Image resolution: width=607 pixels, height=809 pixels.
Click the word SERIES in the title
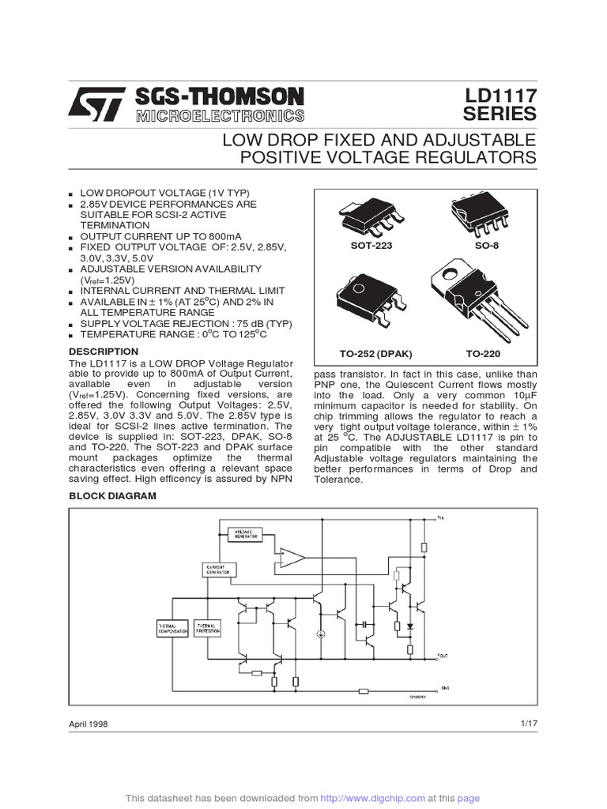(x=499, y=115)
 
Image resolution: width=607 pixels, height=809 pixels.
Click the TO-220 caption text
(x=483, y=354)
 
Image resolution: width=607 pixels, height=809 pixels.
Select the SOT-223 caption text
(x=371, y=246)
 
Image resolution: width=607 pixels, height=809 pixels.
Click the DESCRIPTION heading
(x=104, y=351)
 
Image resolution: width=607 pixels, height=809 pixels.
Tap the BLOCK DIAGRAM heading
(x=113, y=495)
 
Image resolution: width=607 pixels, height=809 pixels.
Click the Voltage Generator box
(x=243, y=534)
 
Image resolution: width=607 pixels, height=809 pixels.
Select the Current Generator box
(x=217, y=570)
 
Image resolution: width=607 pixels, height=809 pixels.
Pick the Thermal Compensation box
(x=173, y=629)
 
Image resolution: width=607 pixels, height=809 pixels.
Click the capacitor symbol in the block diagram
(x=365, y=624)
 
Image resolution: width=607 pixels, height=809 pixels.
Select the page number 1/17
(x=528, y=724)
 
